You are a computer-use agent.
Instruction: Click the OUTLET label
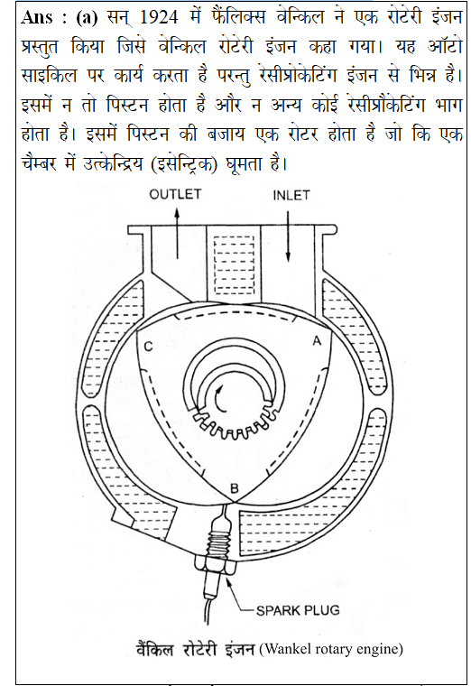(175, 194)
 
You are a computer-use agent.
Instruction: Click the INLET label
(291, 195)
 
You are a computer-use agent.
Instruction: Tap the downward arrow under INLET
(288, 236)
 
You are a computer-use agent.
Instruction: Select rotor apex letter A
(317, 340)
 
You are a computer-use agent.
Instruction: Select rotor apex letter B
(235, 488)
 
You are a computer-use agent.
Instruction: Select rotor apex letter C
(148, 347)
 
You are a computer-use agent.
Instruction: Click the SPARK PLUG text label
(298, 610)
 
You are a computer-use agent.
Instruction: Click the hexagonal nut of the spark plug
(217, 565)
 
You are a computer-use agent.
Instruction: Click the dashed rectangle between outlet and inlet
(235, 265)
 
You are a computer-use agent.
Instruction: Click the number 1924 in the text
(159, 17)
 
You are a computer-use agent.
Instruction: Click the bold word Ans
(37, 17)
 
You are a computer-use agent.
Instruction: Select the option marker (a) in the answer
(87, 17)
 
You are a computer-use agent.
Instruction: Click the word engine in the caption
(377, 649)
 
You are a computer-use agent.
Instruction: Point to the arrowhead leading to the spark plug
(228, 581)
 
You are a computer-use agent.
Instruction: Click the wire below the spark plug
(207, 610)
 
